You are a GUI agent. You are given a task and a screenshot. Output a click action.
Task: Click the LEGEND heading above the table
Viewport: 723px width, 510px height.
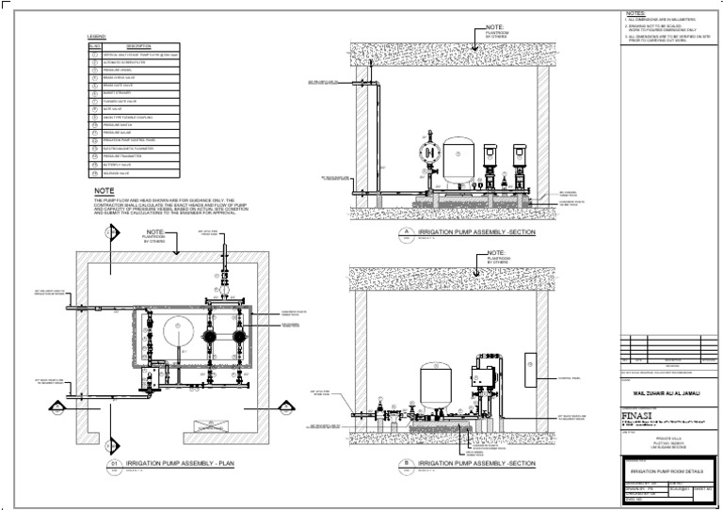point(98,37)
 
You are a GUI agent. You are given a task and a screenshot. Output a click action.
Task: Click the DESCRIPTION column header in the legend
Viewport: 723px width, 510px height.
point(138,46)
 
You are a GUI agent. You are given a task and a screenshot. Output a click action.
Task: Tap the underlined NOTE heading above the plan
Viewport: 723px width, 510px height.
point(104,191)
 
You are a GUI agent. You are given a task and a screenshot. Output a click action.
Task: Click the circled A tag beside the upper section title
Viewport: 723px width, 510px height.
point(406,231)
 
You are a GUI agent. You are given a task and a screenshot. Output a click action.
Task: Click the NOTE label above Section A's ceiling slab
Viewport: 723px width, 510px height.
point(495,27)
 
